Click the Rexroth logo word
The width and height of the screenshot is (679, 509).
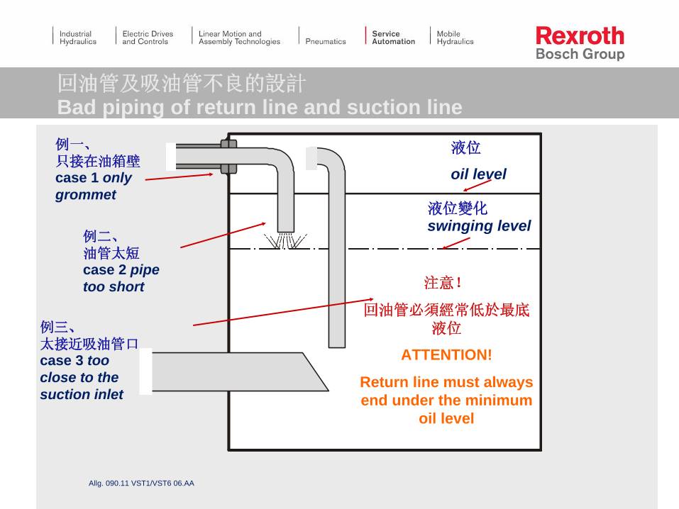pos(580,35)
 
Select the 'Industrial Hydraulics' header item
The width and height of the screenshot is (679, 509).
pos(77,38)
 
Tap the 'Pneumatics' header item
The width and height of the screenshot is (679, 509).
pos(326,41)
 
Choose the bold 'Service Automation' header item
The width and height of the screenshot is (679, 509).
pos(393,38)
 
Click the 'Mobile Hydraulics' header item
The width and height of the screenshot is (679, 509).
pos(455,38)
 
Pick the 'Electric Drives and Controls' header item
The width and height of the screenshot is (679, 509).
pos(147,38)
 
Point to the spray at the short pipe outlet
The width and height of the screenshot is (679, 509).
pos(285,241)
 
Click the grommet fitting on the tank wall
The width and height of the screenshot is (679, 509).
pos(228,157)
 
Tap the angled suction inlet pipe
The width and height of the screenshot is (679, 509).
pos(234,371)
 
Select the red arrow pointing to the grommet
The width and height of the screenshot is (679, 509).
pos(179,177)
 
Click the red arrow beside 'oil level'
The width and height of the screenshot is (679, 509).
pos(477,186)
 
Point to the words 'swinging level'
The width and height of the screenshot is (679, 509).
pos(479,226)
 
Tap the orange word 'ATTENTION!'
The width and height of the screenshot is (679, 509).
pos(446,355)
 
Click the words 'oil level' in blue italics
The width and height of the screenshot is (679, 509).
pos(478,174)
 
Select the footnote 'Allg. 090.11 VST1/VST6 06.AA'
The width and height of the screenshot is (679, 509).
pos(141,483)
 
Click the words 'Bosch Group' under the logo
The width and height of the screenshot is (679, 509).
pos(580,55)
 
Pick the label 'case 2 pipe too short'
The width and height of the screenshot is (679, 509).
pos(121,278)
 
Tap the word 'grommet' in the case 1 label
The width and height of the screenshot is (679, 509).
pos(86,195)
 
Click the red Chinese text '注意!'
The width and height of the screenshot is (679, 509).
pos(443,284)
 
